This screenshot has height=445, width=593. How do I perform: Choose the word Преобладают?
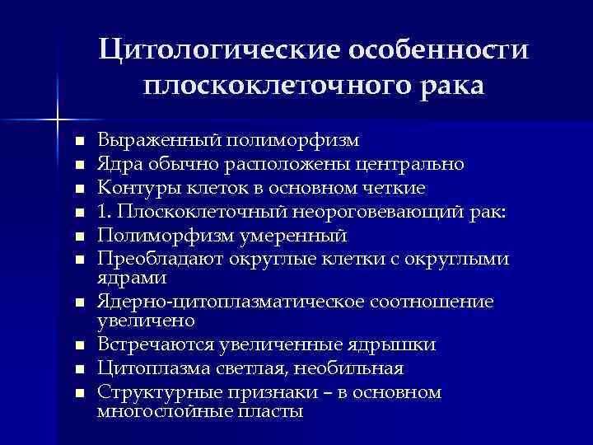[152, 259]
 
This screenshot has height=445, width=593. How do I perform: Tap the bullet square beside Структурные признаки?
[79, 393]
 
